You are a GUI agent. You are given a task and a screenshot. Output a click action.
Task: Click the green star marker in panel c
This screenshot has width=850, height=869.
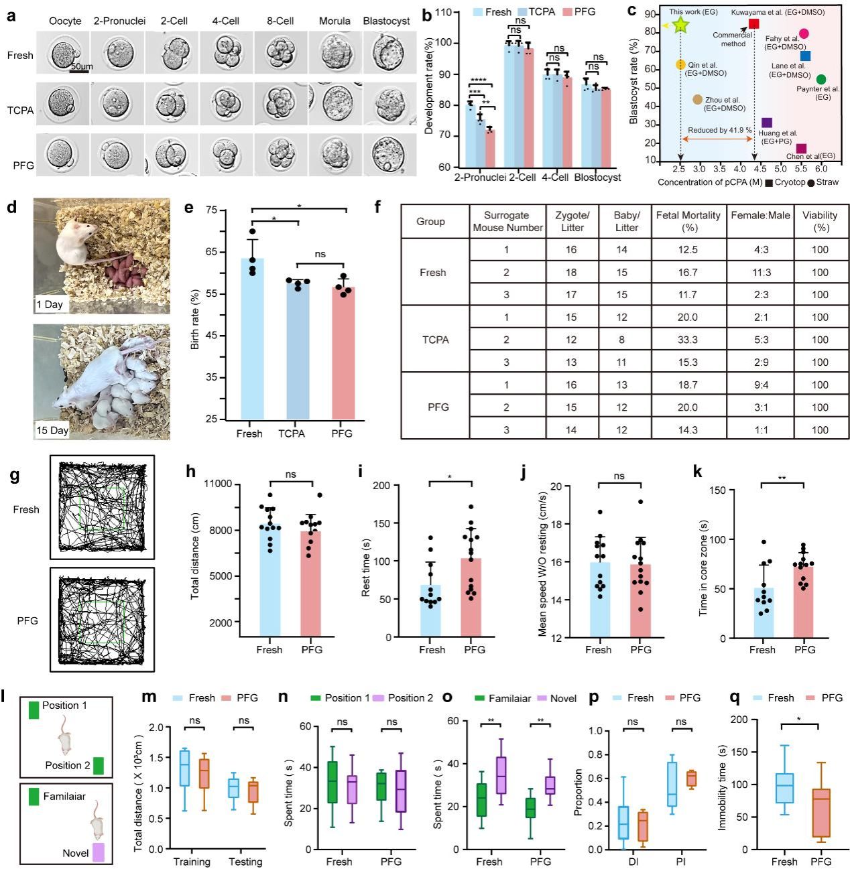coord(680,25)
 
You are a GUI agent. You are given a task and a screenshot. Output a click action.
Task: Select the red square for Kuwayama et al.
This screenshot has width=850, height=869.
coord(753,23)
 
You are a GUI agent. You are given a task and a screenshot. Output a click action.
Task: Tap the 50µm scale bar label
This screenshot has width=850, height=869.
coord(82,67)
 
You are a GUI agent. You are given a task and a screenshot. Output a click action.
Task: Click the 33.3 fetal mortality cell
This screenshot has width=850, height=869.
coord(688,340)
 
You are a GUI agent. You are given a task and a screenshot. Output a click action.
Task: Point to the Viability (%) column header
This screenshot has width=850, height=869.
coord(820,221)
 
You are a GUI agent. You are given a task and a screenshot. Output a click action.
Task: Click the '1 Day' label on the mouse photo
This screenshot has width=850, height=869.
coord(50,304)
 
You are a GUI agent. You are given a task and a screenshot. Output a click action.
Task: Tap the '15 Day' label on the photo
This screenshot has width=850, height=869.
coord(52,430)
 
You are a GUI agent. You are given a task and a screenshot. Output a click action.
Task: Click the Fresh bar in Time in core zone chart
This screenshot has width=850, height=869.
coord(762,612)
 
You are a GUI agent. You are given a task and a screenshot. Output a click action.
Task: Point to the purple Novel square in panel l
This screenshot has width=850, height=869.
coord(99,852)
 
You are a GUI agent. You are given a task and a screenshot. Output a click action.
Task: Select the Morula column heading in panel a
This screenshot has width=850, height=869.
coord(335,21)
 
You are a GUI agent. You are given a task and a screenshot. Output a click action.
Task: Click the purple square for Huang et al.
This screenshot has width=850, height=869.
coord(767,123)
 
